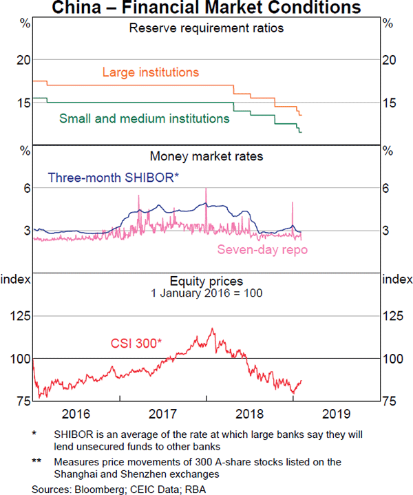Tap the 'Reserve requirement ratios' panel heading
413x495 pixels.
click(206, 28)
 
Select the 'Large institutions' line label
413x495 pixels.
click(150, 72)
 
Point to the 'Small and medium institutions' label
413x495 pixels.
click(145, 118)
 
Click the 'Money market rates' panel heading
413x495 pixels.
click(206, 156)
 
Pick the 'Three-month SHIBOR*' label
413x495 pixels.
click(114, 178)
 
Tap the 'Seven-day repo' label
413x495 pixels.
click(262, 249)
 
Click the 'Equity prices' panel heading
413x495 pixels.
click(206, 281)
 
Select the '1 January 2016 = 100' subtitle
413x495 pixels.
click(206, 293)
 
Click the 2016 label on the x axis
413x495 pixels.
click(76, 414)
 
